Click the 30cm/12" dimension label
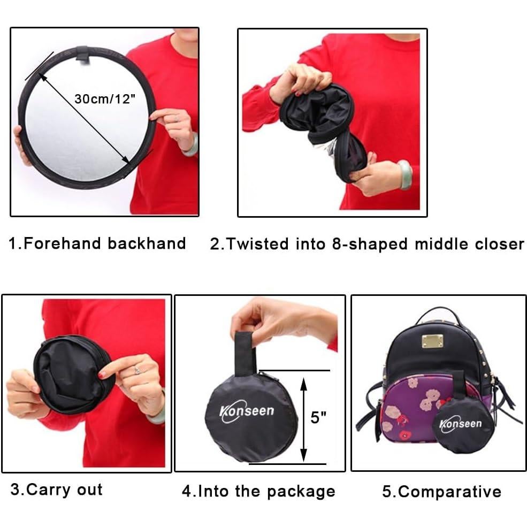point(103,99)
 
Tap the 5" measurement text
point(318,417)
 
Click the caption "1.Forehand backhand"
point(97,243)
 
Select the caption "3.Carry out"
point(56,490)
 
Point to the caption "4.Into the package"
point(258,491)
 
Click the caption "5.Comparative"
point(441,491)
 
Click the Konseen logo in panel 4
point(247,411)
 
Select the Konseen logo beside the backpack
point(460,424)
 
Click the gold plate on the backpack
point(433,341)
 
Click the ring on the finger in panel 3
point(138,370)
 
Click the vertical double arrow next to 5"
point(304,417)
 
